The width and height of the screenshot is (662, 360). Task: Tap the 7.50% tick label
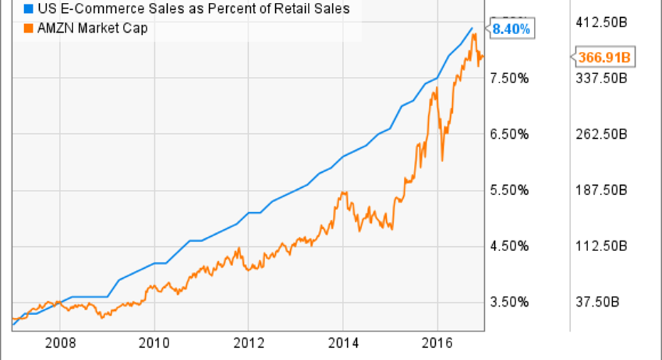coord(510,78)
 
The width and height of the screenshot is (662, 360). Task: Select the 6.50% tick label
coord(510,134)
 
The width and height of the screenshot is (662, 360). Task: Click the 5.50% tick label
coord(510,190)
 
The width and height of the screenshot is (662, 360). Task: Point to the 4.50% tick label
coord(510,246)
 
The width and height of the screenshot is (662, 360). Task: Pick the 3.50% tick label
coord(510,302)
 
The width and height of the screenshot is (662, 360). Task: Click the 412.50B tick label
coord(602,23)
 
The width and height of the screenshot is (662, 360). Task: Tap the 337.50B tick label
coord(602,78)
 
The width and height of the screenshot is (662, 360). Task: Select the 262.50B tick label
coord(602,134)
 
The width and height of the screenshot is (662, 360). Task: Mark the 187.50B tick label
coord(602,190)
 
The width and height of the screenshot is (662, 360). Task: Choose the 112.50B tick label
coord(602,246)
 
